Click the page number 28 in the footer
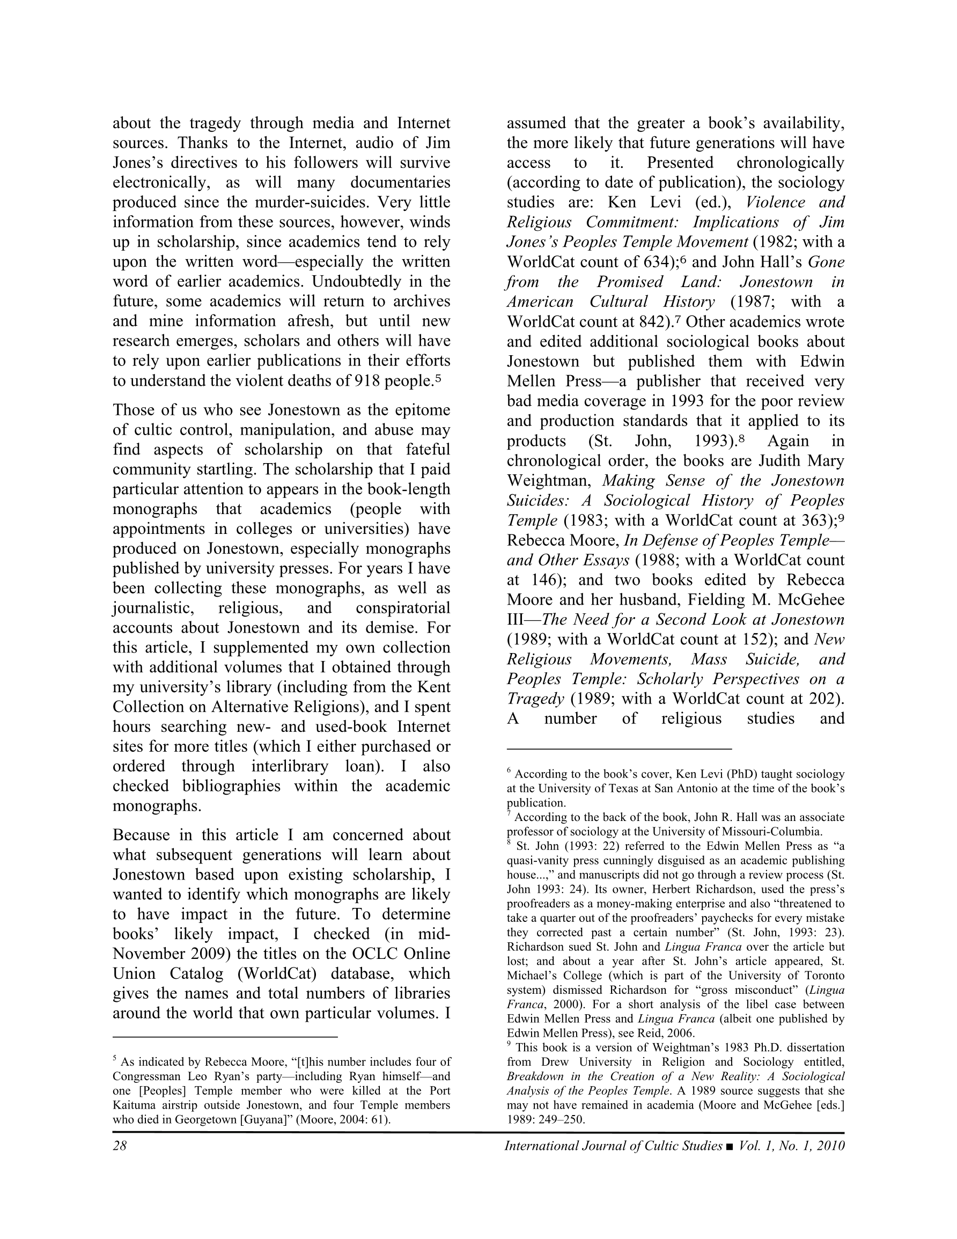[x=119, y=1146]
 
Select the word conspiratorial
[x=403, y=607]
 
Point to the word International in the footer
[x=539, y=1146]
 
